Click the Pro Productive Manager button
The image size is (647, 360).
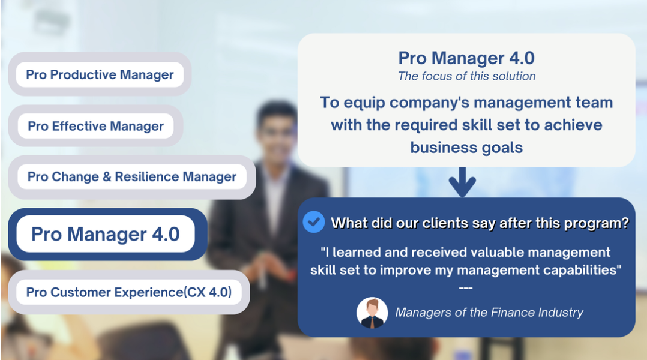tap(100, 74)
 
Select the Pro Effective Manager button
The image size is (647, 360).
tap(96, 126)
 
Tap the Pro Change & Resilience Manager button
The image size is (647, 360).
tap(131, 177)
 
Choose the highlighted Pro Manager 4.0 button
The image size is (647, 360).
tap(106, 234)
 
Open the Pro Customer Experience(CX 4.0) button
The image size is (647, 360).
tap(128, 292)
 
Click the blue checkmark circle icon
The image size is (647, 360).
tap(313, 222)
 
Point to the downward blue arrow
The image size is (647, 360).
tap(462, 182)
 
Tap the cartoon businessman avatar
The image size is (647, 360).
tap(372, 313)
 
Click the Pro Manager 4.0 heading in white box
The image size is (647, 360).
tap(466, 58)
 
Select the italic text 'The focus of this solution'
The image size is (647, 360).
tap(467, 76)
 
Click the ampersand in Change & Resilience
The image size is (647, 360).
tap(107, 177)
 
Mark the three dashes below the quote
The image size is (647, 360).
tap(466, 288)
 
